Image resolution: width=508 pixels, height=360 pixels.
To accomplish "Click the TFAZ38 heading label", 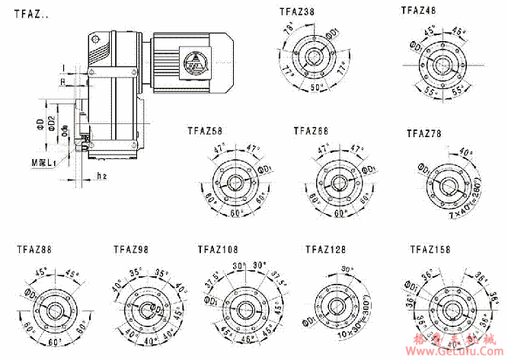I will pyautogui.click(x=297, y=12).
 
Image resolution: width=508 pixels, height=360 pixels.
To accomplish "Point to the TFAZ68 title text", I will pyautogui.click(x=311, y=131).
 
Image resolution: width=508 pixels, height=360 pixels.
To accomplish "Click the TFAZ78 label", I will pyautogui.click(x=424, y=133).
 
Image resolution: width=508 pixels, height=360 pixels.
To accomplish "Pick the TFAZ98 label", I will pyautogui.click(x=132, y=248).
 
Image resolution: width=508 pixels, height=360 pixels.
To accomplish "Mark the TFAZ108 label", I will pyautogui.click(x=218, y=248).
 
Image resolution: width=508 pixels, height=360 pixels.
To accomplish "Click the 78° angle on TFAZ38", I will pyautogui.click(x=289, y=30).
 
